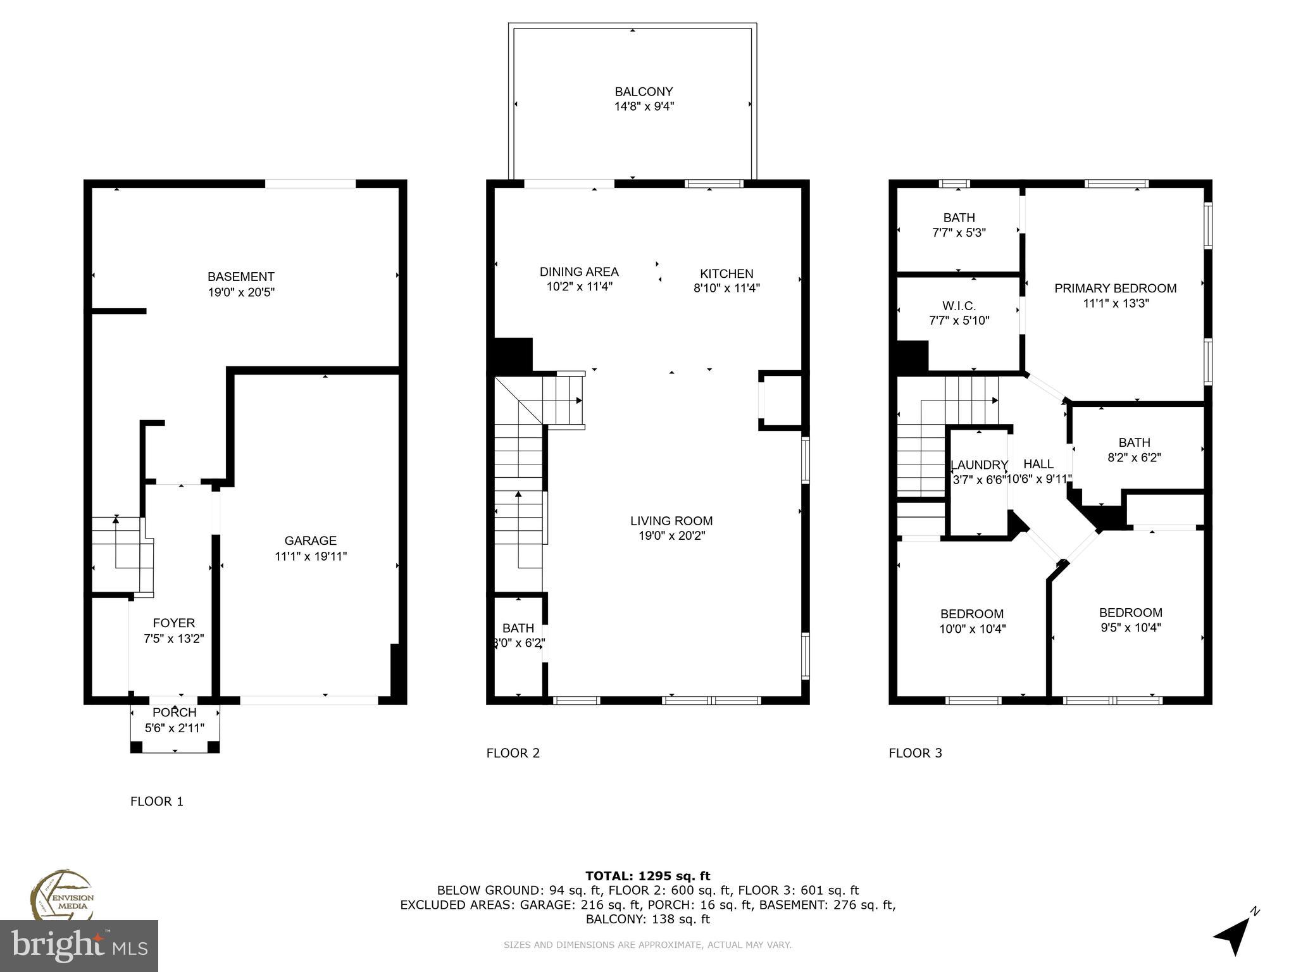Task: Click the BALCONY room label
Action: [644, 92]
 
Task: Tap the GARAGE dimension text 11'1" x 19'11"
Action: [310, 556]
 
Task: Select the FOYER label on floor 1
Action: [173, 623]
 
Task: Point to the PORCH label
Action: [174, 713]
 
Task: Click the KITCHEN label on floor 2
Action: [726, 273]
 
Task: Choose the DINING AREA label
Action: [578, 271]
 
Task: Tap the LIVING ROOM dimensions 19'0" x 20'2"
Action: [671, 536]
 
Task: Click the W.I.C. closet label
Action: [959, 306]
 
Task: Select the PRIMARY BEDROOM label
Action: [1115, 289]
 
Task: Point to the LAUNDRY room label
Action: [978, 465]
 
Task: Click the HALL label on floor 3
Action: [1038, 464]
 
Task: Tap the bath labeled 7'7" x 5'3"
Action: [959, 225]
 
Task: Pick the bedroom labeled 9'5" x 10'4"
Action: [1130, 620]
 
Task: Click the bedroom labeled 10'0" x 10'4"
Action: [971, 621]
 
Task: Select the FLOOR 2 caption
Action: [513, 753]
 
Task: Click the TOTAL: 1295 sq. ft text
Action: [647, 876]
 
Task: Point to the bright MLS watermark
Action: [79, 945]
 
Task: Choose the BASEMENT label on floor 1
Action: [240, 277]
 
